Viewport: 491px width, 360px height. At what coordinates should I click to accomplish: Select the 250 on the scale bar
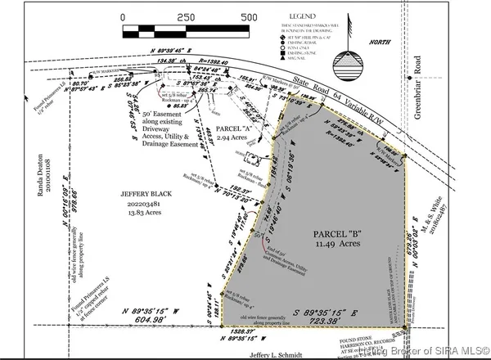(x=185, y=16)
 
